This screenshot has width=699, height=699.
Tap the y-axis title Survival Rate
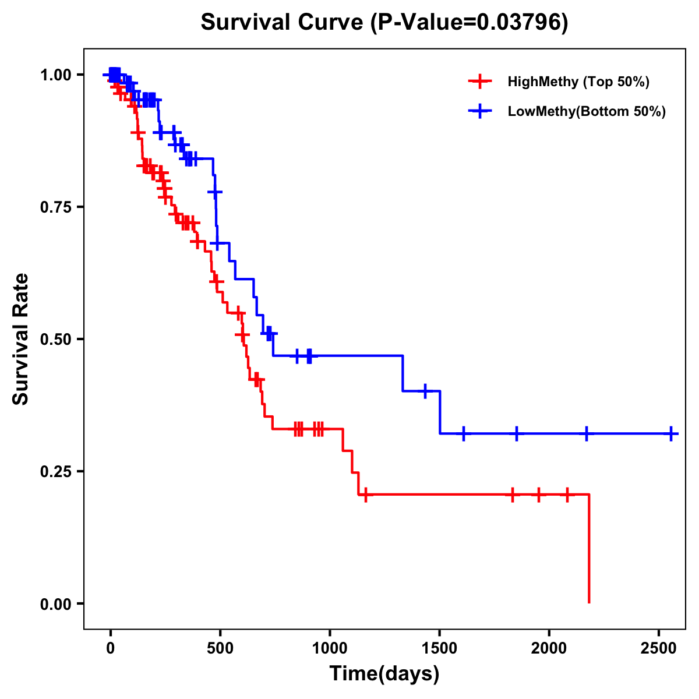pyautogui.click(x=21, y=338)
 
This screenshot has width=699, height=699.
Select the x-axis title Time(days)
pyautogui.click(x=384, y=673)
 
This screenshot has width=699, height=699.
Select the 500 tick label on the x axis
pyautogui.click(x=220, y=649)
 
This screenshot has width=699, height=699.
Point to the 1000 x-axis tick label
pyautogui.click(x=330, y=649)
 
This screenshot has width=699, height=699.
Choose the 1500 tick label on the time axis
pyautogui.click(x=439, y=649)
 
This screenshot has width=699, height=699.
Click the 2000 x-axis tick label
pyautogui.click(x=549, y=649)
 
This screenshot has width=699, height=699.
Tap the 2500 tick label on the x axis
pyautogui.click(x=658, y=649)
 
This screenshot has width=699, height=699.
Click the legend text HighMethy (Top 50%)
pyautogui.click(x=578, y=82)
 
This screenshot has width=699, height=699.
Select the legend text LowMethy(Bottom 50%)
pyautogui.click(x=587, y=112)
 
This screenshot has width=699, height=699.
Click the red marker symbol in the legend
pyautogui.click(x=480, y=82)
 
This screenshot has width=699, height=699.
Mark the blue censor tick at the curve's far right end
pyautogui.click(x=671, y=434)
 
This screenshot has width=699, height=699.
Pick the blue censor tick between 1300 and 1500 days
pyautogui.click(x=425, y=391)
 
